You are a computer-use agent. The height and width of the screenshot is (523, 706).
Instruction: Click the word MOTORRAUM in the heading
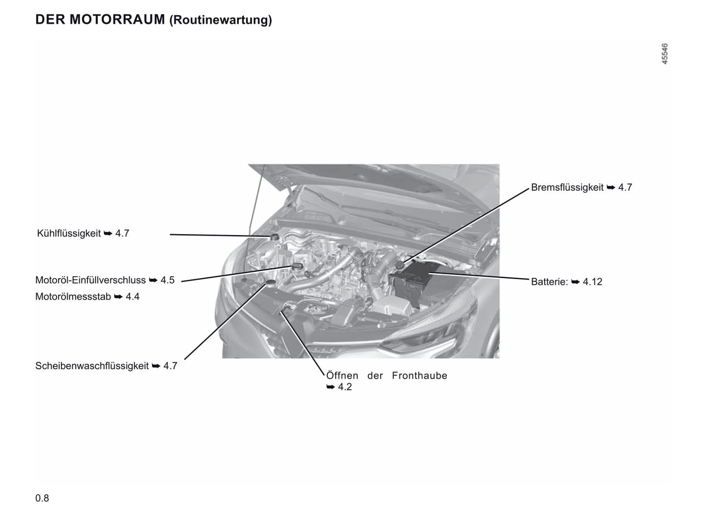[x=117, y=20]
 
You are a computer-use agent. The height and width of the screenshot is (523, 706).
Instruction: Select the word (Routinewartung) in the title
[x=220, y=20]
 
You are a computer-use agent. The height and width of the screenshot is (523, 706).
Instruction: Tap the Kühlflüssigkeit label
[x=69, y=234]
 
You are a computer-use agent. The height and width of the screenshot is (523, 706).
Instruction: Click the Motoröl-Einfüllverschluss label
[x=90, y=280]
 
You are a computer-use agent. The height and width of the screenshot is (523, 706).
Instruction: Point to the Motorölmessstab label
[x=73, y=297]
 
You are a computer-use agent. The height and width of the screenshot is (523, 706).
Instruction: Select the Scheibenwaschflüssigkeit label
[x=92, y=366]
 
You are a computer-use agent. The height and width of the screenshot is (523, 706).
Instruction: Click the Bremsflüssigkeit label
[x=567, y=188]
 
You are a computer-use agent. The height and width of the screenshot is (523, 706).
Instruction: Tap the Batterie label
[x=549, y=282]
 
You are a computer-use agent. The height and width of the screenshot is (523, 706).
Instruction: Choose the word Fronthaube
[x=419, y=376]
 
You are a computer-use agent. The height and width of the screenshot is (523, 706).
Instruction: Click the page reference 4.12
[x=592, y=282]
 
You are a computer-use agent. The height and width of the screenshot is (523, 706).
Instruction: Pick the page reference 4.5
[x=168, y=280]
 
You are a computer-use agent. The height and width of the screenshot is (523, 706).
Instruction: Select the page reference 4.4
[x=132, y=297]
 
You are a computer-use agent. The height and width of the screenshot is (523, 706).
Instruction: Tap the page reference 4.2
[x=345, y=387]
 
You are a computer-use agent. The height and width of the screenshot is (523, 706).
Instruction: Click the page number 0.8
[x=42, y=498]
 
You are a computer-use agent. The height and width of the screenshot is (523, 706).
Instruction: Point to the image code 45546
[x=664, y=54]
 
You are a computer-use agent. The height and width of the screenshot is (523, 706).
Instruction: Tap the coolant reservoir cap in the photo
[x=274, y=237]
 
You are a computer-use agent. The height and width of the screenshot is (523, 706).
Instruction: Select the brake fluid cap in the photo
[x=399, y=265]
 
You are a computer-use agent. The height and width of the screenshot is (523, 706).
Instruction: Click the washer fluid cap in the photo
[x=270, y=283]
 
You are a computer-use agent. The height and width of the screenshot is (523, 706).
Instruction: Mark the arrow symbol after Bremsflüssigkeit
[x=611, y=188]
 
